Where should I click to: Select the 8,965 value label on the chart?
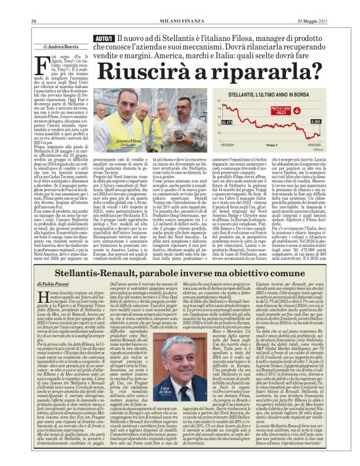point(333,122)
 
